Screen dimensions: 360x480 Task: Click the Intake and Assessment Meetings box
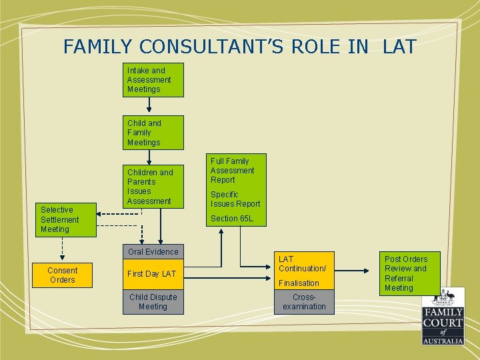tap(153, 80)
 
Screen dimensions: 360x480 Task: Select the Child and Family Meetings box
tap(153, 133)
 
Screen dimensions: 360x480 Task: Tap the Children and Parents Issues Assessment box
tap(153, 187)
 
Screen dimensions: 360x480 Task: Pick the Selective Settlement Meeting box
tap(65, 219)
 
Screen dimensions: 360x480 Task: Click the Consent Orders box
tap(62, 275)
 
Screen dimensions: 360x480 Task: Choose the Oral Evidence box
tap(153, 251)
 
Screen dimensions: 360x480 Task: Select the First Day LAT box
tap(153, 274)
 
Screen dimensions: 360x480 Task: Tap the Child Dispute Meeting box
tap(153, 301)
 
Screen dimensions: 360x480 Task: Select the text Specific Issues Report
tap(235, 199)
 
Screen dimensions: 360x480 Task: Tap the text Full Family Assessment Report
tap(233, 171)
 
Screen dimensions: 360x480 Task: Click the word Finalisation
tap(299, 283)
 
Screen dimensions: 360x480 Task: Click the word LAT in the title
tap(399, 47)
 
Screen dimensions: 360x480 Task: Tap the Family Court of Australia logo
tap(442, 316)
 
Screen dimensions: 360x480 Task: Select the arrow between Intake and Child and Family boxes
tap(150, 105)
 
